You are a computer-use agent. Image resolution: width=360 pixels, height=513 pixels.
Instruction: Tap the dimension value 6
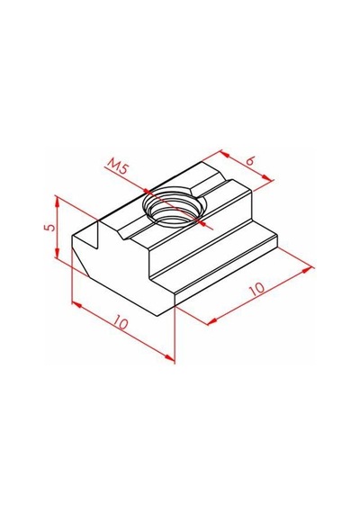pyautogui.click(x=250, y=162)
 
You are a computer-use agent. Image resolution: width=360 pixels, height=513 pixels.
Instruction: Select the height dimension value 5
pyautogui.click(x=50, y=227)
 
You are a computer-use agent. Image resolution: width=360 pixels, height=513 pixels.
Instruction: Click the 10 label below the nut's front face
pyautogui.click(x=121, y=323)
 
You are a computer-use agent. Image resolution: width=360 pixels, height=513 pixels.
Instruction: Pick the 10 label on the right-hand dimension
pyautogui.click(x=256, y=288)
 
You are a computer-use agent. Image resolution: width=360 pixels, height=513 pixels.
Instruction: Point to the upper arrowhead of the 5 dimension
pyautogui.click(x=57, y=202)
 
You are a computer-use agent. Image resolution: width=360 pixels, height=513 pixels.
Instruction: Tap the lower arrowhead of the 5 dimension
pyautogui.click(x=57, y=252)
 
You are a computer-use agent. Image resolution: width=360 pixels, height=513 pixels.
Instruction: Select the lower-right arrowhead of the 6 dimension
pyautogui.click(x=267, y=178)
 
